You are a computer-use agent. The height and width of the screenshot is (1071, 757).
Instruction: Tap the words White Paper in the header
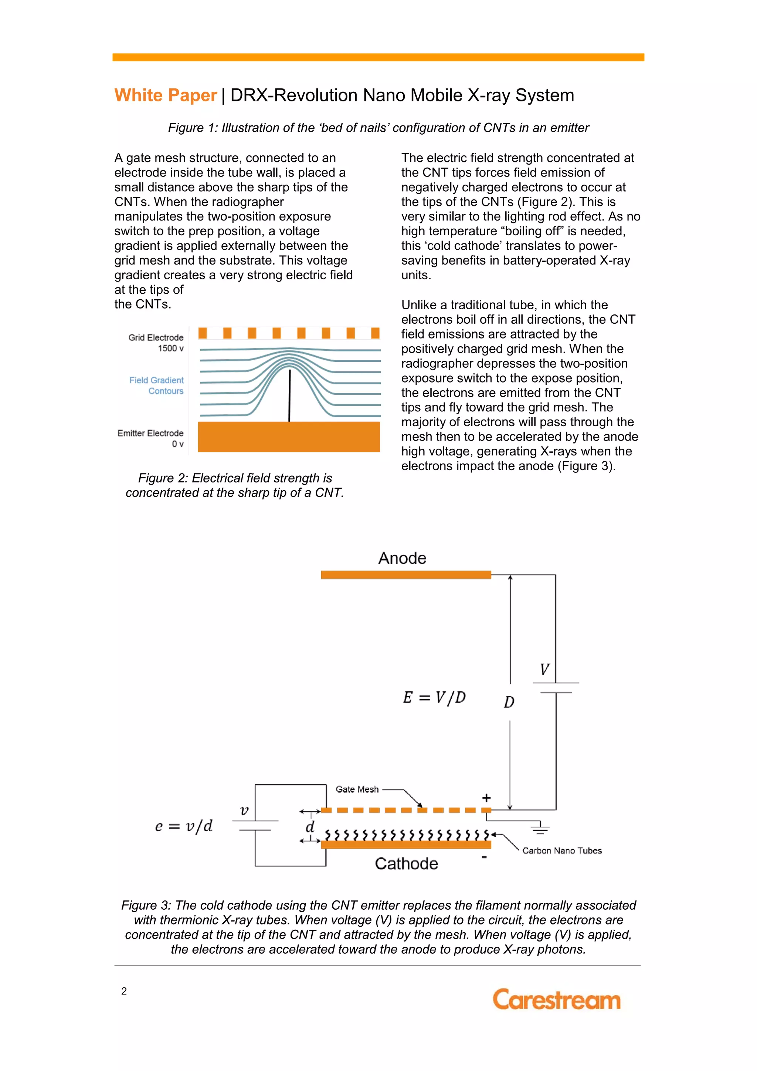point(166,95)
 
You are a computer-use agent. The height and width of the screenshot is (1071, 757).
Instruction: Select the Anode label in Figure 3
point(402,558)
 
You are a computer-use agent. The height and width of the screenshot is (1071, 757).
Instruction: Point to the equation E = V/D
point(434,697)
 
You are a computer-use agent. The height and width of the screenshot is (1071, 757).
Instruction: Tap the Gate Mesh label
point(357,789)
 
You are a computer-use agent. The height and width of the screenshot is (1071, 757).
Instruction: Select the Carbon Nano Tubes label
point(562,851)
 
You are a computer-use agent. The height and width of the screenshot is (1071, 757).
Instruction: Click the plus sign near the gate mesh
point(486,797)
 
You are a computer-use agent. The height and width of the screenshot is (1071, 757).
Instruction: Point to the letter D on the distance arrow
point(509,702)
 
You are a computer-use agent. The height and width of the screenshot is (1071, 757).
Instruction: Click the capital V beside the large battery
point(544,669)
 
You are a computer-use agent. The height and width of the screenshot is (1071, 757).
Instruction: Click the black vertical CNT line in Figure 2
point(289,395)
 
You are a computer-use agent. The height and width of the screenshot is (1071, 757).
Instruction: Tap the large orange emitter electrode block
point(289,437)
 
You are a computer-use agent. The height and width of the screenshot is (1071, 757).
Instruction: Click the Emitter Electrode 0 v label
point(150,438)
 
